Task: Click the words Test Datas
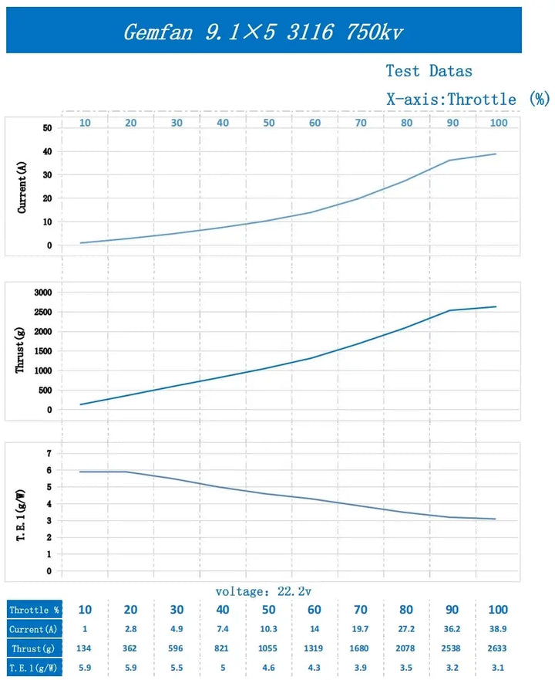[429, 71]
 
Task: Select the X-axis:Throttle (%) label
[467, 99]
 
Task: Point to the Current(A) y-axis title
[22, 186]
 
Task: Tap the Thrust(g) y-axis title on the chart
[21, 351]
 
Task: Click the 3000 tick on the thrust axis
[41, 293]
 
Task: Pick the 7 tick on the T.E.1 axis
[49, 453]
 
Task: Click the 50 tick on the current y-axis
[47, 127]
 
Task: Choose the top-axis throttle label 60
[314, 123]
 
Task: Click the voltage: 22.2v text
[263, 591]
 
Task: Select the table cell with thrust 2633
[498, 648]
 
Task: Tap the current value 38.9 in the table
[498, 629]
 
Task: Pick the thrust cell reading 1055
[268, 648]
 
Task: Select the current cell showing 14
[314, 629]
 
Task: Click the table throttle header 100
[498, 610]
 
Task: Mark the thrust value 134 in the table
[84, 648]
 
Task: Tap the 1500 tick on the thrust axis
[41, 351]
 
